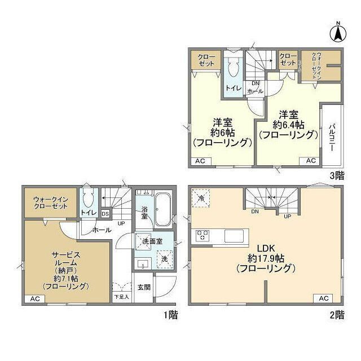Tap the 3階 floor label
coord(337,175)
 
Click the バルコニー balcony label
coord(332,135)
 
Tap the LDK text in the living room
coord(265,248)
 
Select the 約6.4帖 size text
coord(287,125)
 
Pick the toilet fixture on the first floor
coord(87,199)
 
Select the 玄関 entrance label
coord(144,287)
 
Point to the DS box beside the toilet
coord(105,214)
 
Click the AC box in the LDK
coord(324,298)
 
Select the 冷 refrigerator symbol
coord(201,199)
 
